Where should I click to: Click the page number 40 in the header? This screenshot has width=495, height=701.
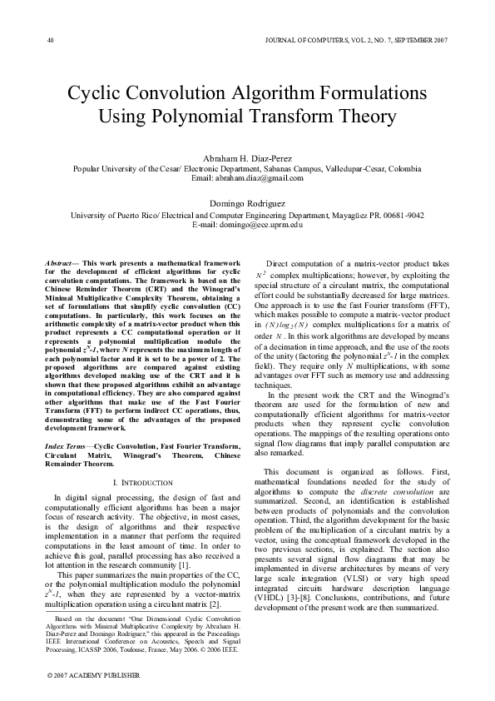coord(51,40)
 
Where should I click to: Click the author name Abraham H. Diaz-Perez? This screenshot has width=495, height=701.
coord(247,157)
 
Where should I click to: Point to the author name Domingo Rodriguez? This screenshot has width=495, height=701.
coord(247,204)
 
